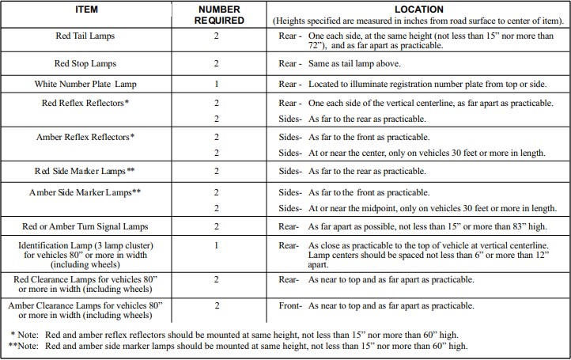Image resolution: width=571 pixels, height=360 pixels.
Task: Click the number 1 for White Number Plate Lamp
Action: pos(216,84)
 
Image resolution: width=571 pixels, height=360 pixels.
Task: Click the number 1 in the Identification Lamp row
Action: pos(216,246)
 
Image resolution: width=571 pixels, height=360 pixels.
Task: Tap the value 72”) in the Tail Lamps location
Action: pos(316,46)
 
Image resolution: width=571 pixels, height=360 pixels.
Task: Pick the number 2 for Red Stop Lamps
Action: pos(216,63)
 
